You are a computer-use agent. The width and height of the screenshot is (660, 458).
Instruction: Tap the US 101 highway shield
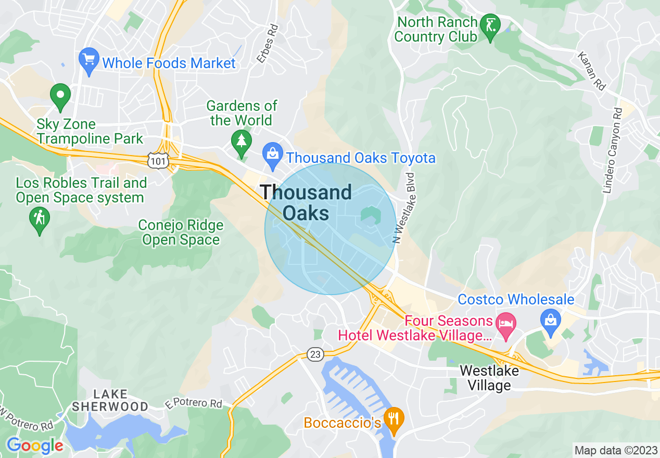[x=158, y=162]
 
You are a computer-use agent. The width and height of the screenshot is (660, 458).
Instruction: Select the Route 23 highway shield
[x=315, y=354]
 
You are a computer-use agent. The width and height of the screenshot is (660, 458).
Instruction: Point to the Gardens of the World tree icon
[x=242, y=140]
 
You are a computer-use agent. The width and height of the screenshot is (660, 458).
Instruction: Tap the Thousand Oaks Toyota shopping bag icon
[x=272, y=154]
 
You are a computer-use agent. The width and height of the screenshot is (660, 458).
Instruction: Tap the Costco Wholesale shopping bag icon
[x=551, y=316]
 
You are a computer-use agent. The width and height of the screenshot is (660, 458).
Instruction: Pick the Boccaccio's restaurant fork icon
[x=394, y=417]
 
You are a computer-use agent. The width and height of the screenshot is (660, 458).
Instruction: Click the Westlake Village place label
[x=489, y=378]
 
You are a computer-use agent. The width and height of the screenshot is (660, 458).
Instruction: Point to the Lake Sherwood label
[x=110, y=400]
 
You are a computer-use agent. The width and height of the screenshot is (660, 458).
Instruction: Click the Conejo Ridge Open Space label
[x=181, y=233]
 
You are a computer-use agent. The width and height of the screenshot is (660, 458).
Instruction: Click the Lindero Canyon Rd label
[x=612, y=151]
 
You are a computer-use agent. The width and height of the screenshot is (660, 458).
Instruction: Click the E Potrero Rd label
[x=193, y=403]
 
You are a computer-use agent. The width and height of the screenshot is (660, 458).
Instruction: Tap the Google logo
[x=35, y=446]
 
